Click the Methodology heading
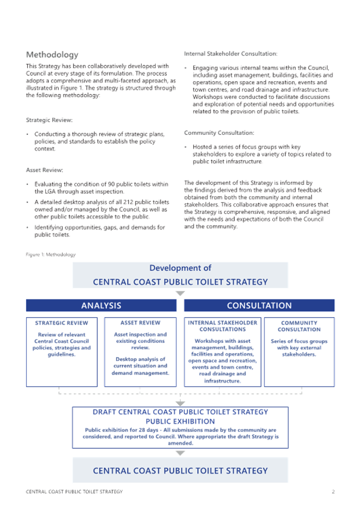pyautogui.click(x=52, y=54)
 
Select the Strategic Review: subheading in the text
pyautogui.click(x=49, y=120)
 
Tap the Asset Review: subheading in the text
pyautogui.click(x=45, y=170)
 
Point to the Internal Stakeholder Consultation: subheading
pyautogui.click(x=231, y=54)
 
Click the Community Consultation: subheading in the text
pyautogui.click(x=219, y=133)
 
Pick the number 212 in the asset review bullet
pyautogui.click(x=128, y=202)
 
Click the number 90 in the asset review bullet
pyautogui.click(x=111, y=184)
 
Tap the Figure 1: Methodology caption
pyautogui.click(x=51, y=255)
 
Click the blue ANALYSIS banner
pyautogui.click(x=101, y=305)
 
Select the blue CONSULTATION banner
pyautogui.click(x=259, y=305)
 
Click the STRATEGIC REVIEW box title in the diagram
pyautogui.click(x=62, y=323)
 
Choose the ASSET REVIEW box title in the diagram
pyautogui.click(x=140, y=322)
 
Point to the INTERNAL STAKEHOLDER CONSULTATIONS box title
pyautogui.click(x=222, y=326)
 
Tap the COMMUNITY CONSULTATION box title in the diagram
pyautogui.click(x=299, y=326)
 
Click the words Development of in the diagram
pyautogui.click(x=180, y=268)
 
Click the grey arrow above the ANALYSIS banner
pyautogui.click(x=180, y=293)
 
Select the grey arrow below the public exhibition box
pyautogui.click(x=180, y=453)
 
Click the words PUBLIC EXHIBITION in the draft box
pyautogui.click(x=180, y=421)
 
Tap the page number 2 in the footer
pyautogui.click(x=333, y=491)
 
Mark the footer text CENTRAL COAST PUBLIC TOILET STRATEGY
pyautogui.click(x=74, y=491)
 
